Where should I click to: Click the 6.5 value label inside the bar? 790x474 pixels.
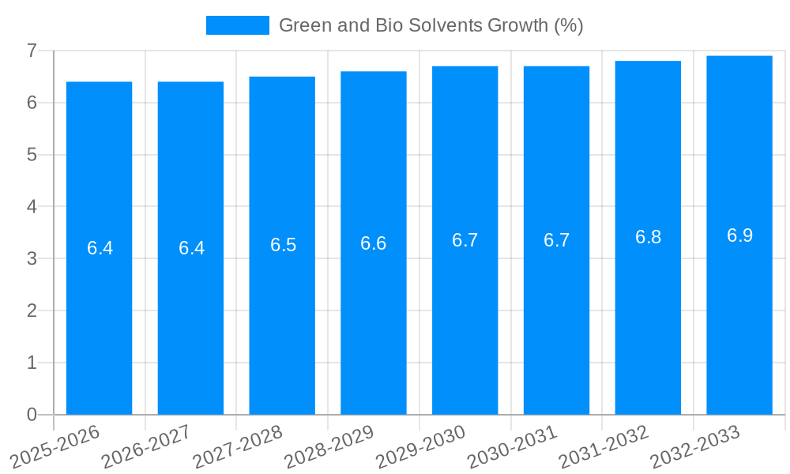click(283, 245)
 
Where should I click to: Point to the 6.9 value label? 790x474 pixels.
click(739, 235)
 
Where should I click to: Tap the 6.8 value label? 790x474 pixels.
click(648, 238)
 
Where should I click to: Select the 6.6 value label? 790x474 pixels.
click(374, 243)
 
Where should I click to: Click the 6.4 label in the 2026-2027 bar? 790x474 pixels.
click(191, 248)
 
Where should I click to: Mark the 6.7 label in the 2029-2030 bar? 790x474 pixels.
click(465, 240)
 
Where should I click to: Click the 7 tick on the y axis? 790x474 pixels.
click(32, 51)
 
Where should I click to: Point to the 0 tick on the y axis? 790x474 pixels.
click(32, 415)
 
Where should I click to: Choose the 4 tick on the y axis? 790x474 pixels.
click(32, 207)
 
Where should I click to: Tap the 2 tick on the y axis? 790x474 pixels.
click(32, 310)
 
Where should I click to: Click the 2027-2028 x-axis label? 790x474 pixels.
click(238, 447)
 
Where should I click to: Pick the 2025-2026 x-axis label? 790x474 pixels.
click(55, 447)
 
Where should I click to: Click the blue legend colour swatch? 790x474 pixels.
click(237, 25)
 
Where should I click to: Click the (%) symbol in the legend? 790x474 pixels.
click(568, 25)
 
